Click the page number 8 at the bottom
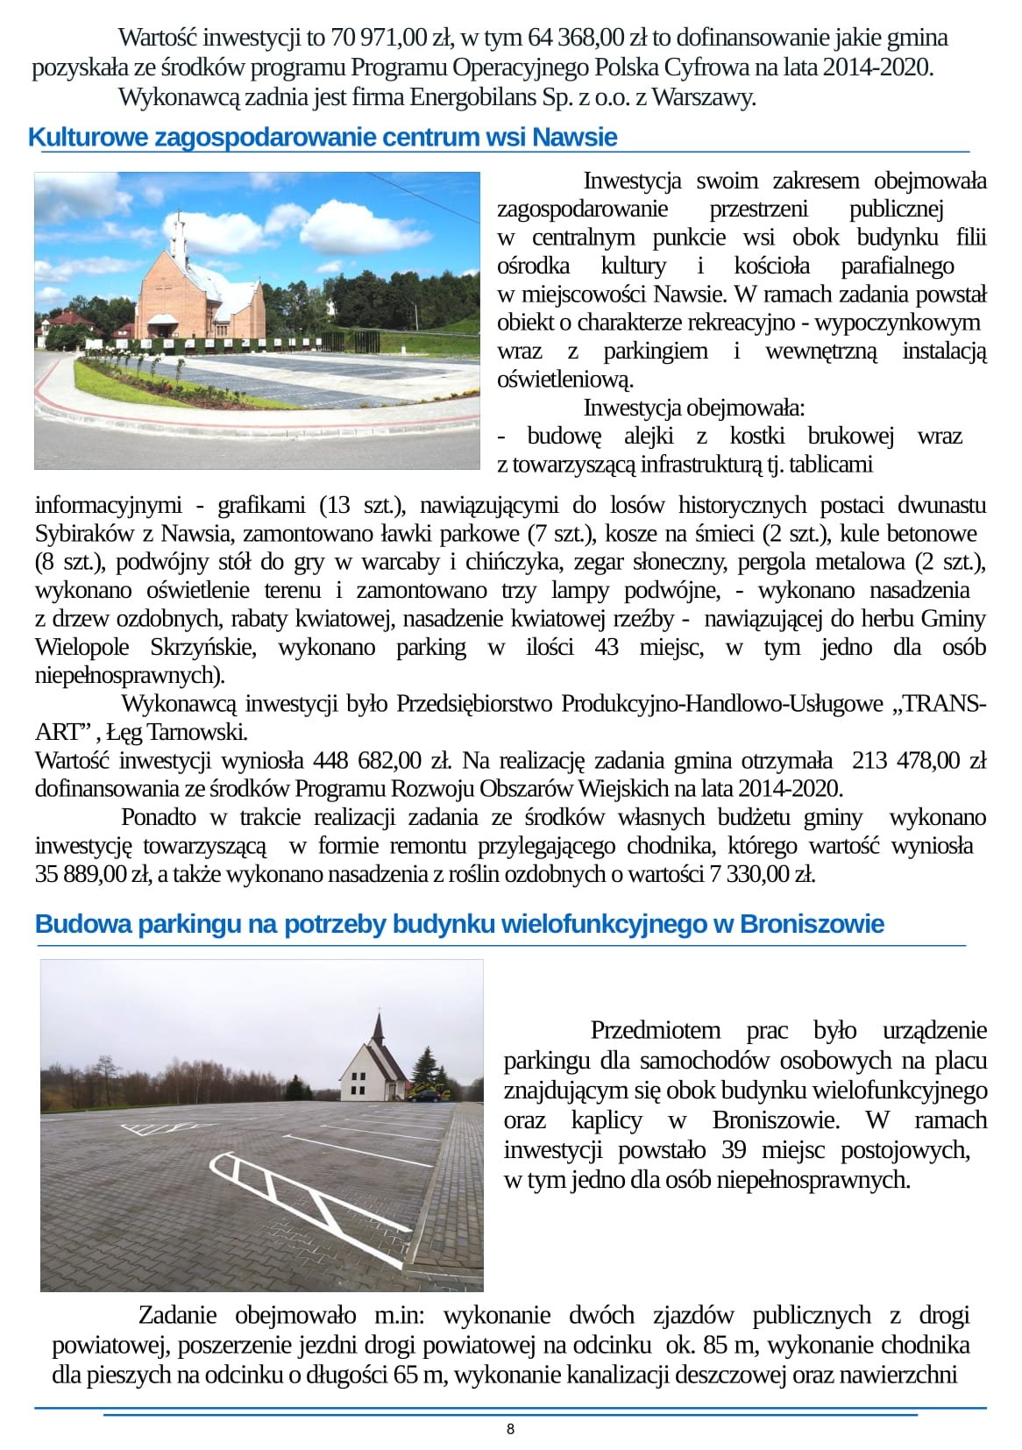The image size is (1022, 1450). (510, 1429)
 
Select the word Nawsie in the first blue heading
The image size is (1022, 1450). (574, 138)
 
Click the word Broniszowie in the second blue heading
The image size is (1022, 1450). (812, 924)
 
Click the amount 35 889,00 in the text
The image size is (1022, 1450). (80, 874)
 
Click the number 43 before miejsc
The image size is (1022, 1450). (607, 647)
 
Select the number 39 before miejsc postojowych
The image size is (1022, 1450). (734, 1149)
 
